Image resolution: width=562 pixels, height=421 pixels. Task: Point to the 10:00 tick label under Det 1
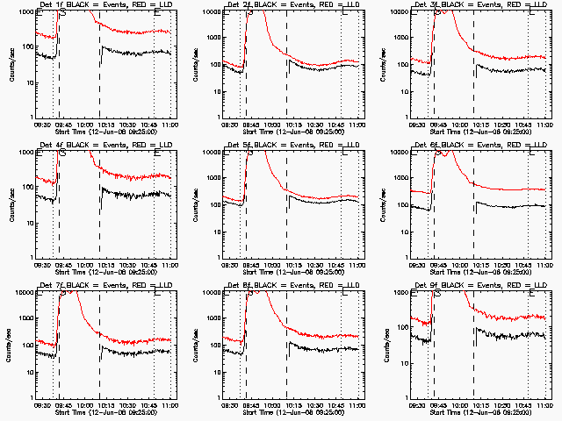86,125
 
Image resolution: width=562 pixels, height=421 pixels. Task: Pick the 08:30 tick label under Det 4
41,265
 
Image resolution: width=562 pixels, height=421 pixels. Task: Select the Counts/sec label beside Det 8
200,346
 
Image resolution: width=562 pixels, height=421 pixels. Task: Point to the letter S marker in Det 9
437,294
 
